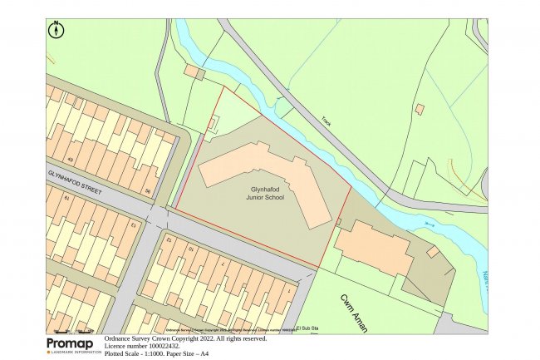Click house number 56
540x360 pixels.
pyautogui.click(x=148, y=192)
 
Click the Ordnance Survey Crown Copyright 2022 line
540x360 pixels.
pyautogui.click(x=185, y=338)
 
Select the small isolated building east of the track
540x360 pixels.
pyautogui.click(x=420, y=109)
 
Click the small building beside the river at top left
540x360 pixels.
pyautogui.click(x=194, y=72)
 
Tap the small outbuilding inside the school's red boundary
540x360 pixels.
pyautogui.click(x=211, y=124)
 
